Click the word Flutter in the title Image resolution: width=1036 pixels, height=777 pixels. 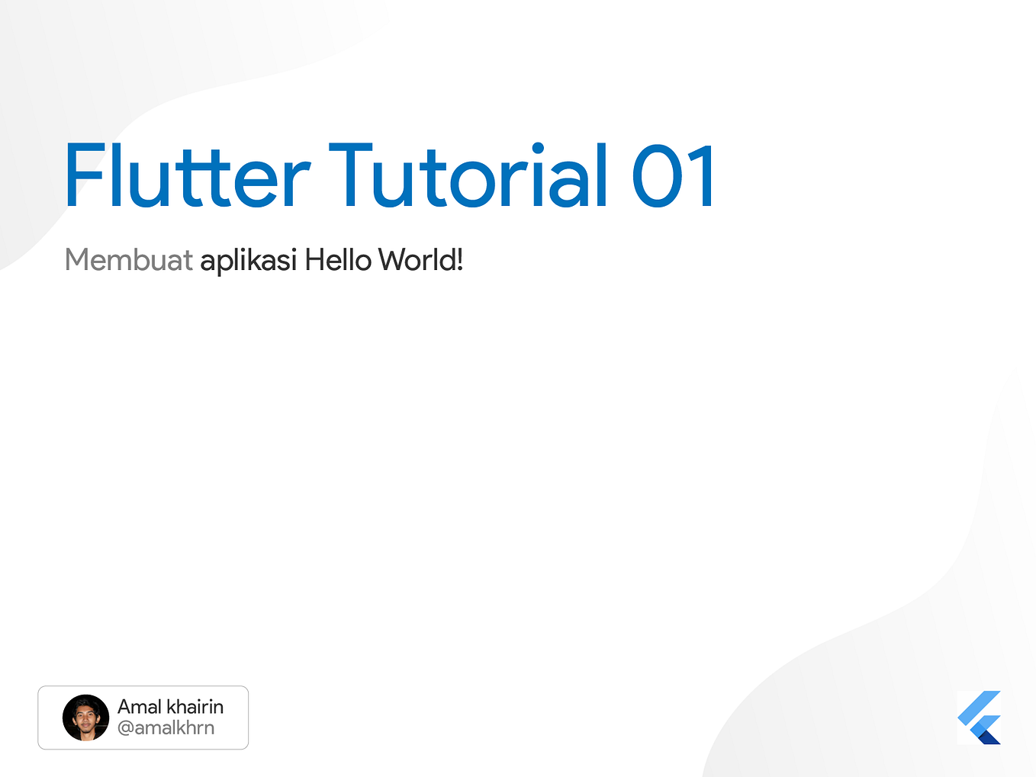click(187, 176)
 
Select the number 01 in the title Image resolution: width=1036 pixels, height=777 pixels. click(674, 176)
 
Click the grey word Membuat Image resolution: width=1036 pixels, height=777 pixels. click(128, 260)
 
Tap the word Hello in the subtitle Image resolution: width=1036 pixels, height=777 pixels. click(338, 260)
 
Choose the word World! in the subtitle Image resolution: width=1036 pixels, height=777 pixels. click(421, 260)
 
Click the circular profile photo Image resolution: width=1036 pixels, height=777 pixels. click(85, 718)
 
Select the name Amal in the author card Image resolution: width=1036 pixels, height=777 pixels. click(140, 707)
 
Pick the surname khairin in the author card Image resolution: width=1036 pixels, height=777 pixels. click(195, 707)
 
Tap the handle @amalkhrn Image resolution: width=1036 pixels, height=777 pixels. click(166, 728)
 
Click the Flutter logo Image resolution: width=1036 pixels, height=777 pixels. click(979, 718)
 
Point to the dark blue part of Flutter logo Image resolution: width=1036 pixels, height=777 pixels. click(989, 735)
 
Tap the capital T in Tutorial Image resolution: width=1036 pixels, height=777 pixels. click(350, 176)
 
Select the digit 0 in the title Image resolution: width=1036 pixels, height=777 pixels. click(657, 178)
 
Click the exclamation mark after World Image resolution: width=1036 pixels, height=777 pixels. click(459, 260)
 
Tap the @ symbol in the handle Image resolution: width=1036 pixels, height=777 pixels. click(125, 728)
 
